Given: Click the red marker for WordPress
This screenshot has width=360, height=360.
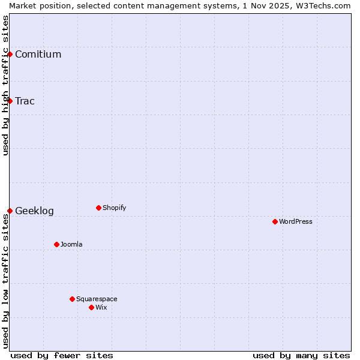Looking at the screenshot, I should [x=275, y=221].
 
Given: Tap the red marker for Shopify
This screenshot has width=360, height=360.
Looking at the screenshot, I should [x=98, y=208].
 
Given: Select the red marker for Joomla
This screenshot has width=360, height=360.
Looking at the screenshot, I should [x=56, y=244].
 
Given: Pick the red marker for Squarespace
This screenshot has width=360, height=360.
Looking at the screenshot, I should [x=72, y=299].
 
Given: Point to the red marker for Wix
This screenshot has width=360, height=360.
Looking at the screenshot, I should [x=91, y=307].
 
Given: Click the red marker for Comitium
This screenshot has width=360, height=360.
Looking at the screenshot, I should [x=10, y=54].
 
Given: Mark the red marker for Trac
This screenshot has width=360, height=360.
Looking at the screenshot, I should [x=10, y=101].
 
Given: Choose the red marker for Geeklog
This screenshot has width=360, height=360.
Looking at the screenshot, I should [x=10, y=211].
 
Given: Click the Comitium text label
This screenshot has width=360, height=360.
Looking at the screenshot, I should [x=38, y=55].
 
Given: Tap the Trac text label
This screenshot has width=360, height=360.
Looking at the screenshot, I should [x=25, y=101].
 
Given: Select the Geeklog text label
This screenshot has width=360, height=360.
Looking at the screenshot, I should [x=34, y=211].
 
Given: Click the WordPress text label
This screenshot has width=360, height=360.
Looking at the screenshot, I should [x=296, y=221].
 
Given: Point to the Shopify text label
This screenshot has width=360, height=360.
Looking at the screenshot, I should [x=114, y=208].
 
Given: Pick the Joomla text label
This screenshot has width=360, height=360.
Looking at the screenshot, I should [x=71, y=244].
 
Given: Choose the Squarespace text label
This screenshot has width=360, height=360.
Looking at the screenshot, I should [x=97, y=299].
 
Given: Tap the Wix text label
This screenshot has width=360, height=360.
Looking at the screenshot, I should [x=101, y=307].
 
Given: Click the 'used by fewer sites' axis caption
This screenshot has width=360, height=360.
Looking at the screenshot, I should [x=62, y=355].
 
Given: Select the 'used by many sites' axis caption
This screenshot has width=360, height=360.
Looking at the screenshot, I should [x=301, y=355].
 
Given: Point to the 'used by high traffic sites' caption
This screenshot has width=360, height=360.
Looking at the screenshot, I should [x=5, y=85].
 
